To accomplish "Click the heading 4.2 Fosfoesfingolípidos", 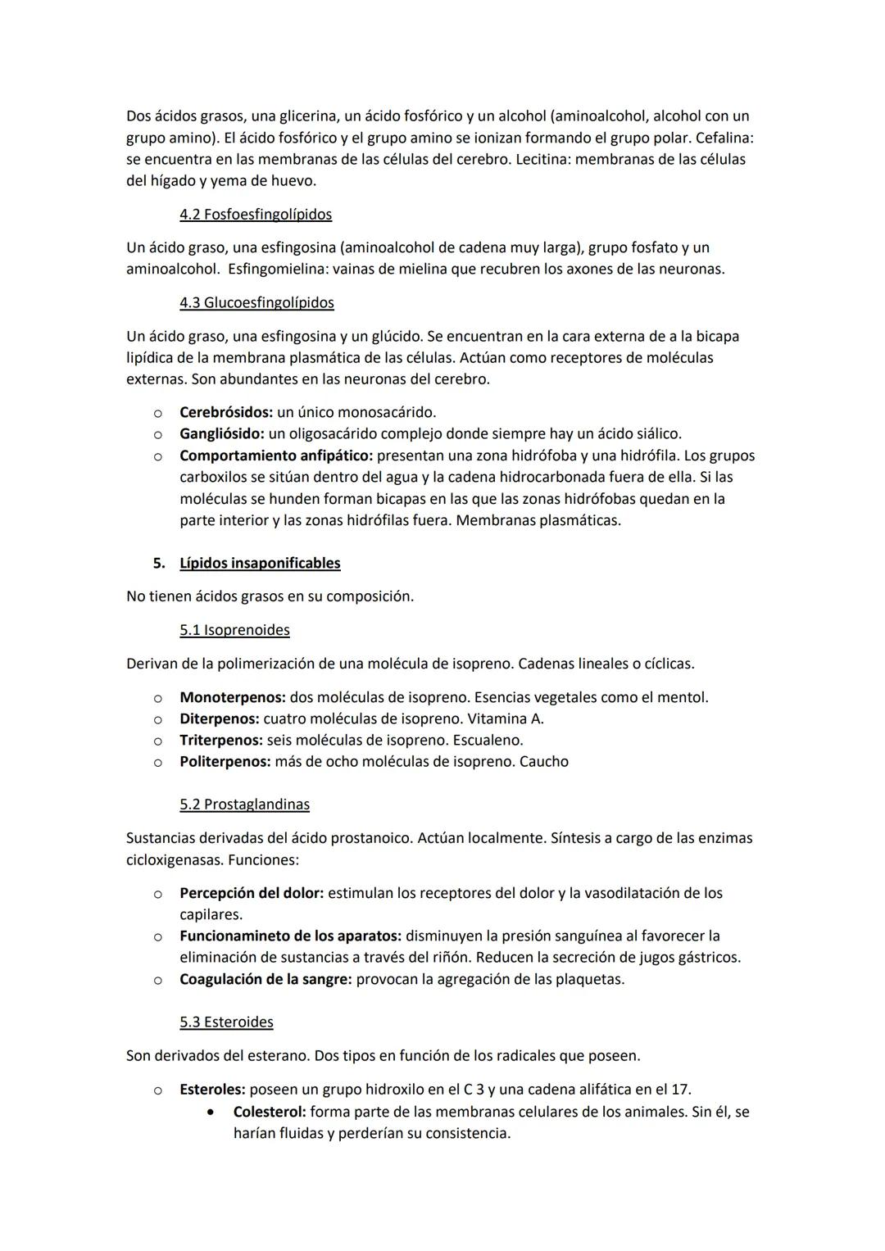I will [x=256, y=215].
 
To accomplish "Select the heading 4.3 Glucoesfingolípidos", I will [x=256, y=303].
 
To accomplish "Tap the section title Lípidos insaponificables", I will [x=260, y=564].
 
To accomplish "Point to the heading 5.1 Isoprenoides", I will [x=234, y=631].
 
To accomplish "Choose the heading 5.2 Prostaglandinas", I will [x=244, y=805].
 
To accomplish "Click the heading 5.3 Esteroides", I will [x=226, y=1022].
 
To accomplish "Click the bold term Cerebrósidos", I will [x=225, y=412].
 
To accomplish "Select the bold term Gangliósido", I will [x=221, y=433].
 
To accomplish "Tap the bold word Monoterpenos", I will [x=232, y=698].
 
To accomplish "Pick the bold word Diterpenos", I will [x=219, y=719].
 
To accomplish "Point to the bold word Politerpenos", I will [x=225, y=762].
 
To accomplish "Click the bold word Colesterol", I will [x=270, y=1113].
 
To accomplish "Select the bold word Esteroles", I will [x=211, y=1090].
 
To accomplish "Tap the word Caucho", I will [x=544, y=762].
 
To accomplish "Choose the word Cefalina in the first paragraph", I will [x=724, y=138].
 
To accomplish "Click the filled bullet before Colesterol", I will [x=213, y=1113].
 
